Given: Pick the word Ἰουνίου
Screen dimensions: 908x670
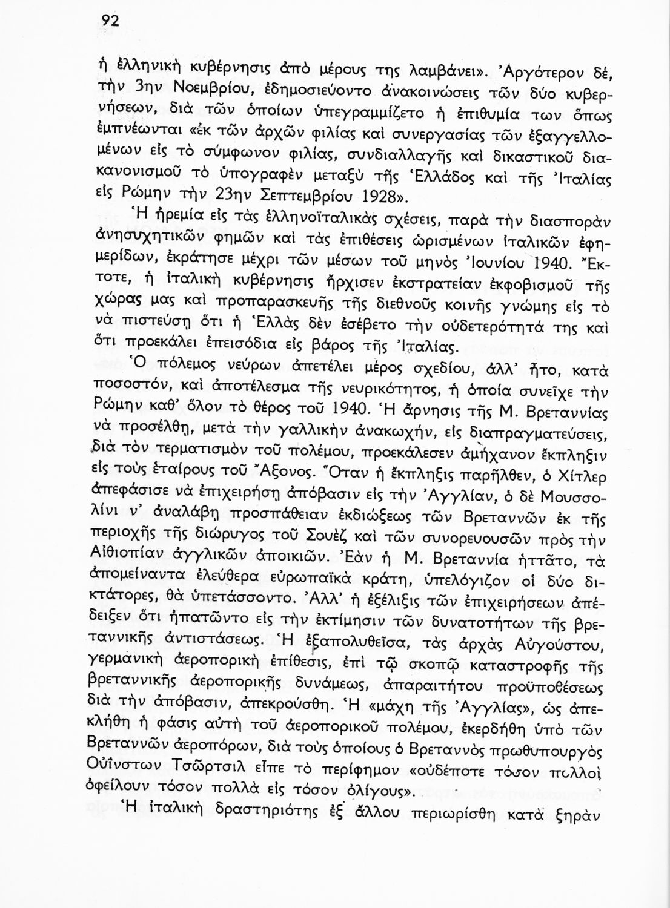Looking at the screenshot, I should pos(496,263).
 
